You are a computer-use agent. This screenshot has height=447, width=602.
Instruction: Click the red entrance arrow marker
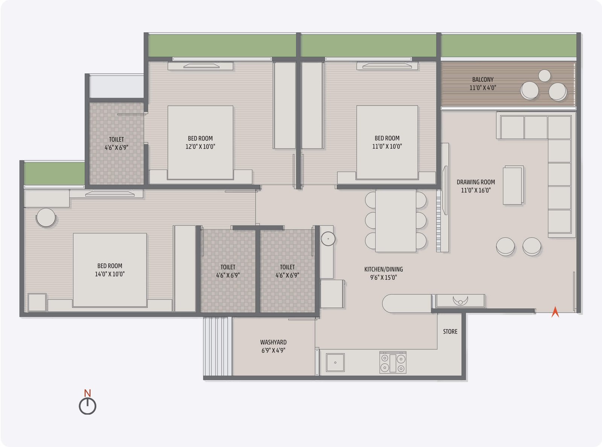coord(555,312)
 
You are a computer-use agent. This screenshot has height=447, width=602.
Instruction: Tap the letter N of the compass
coord(87,393)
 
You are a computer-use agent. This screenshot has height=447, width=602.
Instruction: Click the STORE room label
coord(450,331)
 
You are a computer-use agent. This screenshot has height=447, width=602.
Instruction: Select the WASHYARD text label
coord(273,342)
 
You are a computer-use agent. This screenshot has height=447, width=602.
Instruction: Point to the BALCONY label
coord(483,79)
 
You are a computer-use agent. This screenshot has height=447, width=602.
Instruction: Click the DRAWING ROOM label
coord(476,182)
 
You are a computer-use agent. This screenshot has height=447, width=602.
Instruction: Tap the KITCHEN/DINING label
coord(383,269)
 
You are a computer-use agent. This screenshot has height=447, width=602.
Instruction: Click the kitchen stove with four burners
coord(393,362)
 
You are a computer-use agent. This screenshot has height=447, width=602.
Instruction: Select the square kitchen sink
coord(335,363)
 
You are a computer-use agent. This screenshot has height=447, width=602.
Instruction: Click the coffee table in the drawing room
coord(513,185)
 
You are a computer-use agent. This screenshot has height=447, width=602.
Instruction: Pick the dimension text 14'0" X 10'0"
coord(109,274)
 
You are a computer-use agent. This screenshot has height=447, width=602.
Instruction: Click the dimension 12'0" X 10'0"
coord(200,146)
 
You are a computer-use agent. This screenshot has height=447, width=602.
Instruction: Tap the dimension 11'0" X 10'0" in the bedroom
coord(387,146)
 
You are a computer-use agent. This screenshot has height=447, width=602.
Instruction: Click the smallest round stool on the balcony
coord(544,76)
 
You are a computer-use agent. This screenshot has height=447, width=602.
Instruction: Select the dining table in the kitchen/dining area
coord(396,221)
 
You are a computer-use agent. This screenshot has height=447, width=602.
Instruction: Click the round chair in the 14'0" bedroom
coord(46,218)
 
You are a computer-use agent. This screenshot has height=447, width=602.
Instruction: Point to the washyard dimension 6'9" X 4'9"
coord(273,351)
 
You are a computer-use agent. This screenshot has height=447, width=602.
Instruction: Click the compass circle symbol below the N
coord(87,406)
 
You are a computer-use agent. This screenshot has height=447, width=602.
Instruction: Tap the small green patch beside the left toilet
coord(54,173)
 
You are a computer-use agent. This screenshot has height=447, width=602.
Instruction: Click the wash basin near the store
coord(460,301)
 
